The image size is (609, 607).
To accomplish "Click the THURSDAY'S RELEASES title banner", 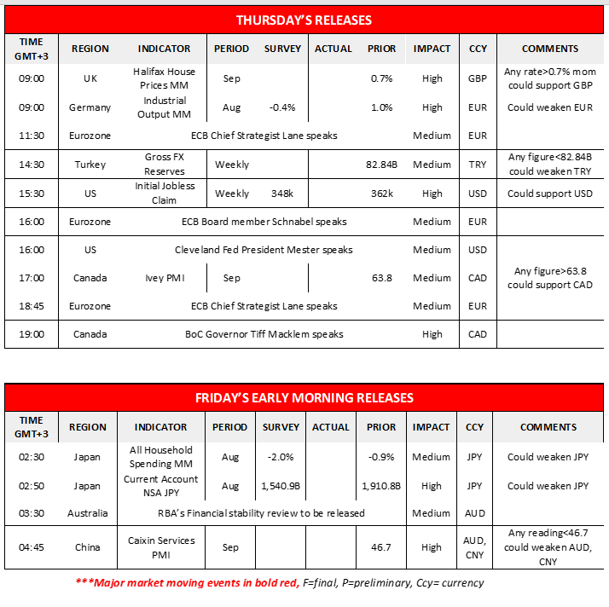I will (304, 20).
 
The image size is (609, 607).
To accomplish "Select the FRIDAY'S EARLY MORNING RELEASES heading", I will (304, 398).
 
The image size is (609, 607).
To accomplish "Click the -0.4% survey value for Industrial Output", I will (281, 107).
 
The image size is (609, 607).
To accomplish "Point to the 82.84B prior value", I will (381, 165).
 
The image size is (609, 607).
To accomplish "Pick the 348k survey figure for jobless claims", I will (281, 194).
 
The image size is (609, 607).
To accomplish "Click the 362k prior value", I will (381, 194).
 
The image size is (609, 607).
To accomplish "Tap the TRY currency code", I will (478, 165).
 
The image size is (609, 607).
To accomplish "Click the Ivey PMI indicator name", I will (164, 278).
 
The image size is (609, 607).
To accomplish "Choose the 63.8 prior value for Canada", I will (381, 278).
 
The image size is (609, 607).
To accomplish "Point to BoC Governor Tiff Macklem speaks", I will (264, 334).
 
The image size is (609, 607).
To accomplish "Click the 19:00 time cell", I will (32, 334).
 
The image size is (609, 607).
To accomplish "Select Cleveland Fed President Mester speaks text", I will (264, 250).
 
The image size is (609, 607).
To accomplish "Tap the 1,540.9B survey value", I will (281, 486).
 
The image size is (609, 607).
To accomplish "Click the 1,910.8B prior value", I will (381, 486).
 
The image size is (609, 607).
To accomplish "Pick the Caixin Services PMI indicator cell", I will (162, 547).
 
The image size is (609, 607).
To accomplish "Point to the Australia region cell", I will (88, 513).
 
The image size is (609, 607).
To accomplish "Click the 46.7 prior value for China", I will (381, 547).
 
